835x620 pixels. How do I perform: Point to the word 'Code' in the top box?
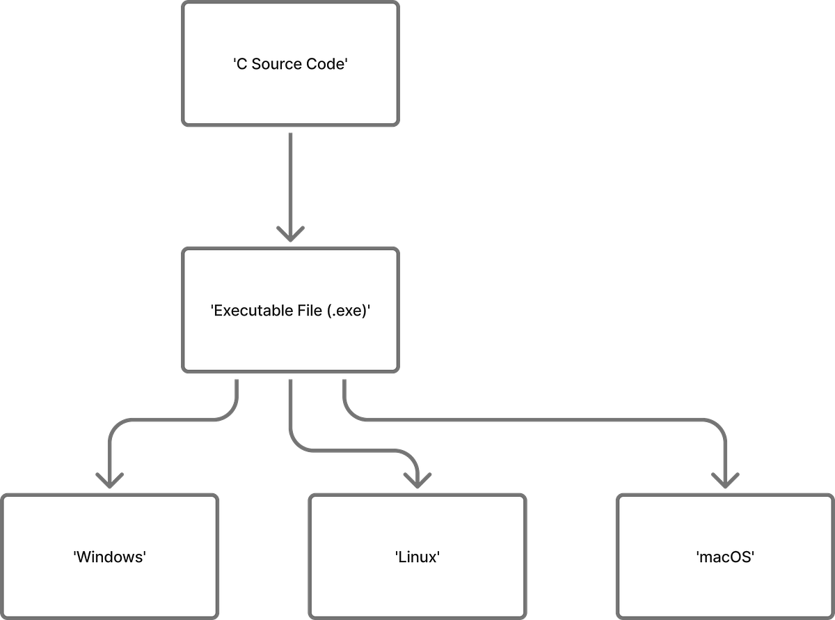click(x=325, y=64)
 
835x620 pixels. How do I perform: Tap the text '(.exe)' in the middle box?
click(x=347, y=311)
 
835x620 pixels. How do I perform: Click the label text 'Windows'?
click(x=109, y=557)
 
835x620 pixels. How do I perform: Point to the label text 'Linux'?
click(x=417, y=557)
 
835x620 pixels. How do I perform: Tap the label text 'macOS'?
click(x=725, y=557)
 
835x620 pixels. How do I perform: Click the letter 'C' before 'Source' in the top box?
click(x=241, y=64)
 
